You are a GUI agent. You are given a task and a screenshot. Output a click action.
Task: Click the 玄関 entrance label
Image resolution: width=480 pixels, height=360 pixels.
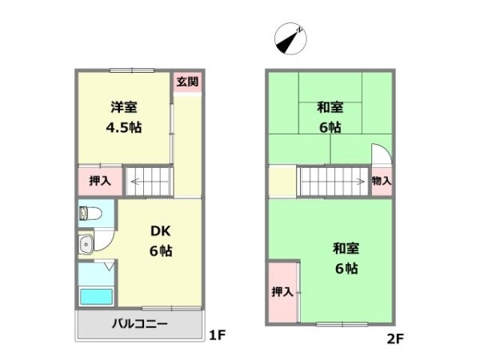(x=187, y=82)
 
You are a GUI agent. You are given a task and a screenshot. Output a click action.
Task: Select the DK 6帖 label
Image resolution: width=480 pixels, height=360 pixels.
(x=161, y=240)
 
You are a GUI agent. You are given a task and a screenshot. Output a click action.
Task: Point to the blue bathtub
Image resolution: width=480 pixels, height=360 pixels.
(x=96, y=296)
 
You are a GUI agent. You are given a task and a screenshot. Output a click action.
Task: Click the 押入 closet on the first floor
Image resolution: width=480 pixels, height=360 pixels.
(x=99, y=181)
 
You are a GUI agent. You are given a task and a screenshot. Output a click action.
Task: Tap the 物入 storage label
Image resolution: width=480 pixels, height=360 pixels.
(x=382, y=182)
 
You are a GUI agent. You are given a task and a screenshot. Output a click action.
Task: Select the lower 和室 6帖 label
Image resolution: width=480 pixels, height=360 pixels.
(x=346, y=258)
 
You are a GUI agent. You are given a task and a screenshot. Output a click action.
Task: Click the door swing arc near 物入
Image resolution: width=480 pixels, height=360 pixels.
(x=379, y=154)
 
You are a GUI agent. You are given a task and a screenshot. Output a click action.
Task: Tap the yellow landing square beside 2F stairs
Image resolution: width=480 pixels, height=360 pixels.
(x=282, y=182)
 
